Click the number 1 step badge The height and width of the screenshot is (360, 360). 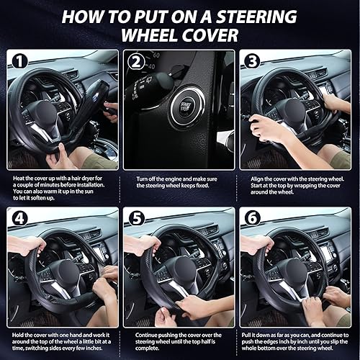(x=19, y=61)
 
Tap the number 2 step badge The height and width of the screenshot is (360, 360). (x=136, y=62)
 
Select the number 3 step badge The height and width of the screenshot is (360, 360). (x=252, y=62)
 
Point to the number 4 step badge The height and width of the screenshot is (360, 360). (x=19, y=218)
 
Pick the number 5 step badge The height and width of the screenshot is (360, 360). (x=136, y=218)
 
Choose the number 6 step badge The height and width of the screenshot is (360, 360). (x=253, y=218)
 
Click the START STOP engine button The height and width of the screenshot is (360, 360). (x=186, y=107)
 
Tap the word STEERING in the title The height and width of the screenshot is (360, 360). (x=256, y=17)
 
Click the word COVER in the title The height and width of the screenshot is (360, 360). (x=210, y=35)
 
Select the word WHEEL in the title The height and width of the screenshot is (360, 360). (x=150, y=35)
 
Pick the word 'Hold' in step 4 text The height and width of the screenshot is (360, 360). (x=19, y=335)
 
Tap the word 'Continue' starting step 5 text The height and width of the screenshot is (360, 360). (x=147, y=335)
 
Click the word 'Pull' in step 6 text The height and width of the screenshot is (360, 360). (x=246, y=335)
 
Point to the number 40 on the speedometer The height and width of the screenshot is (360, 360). (x=151, y=66)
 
